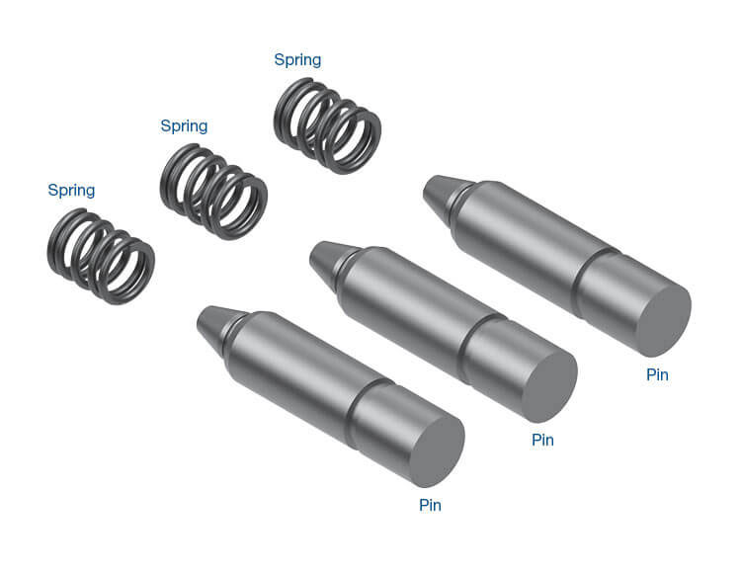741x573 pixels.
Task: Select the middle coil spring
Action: (x=213, y=192)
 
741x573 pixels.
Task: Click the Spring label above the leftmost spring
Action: (x=71, y=190)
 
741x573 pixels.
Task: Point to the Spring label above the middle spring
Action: (x=184, y=125)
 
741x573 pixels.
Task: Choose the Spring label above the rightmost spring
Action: (x=297, y=59)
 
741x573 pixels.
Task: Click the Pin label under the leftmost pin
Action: (x=430, y=505)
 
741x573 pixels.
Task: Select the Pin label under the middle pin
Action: (x=542, y=440)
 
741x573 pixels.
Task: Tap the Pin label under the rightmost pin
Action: (x=657, y=374)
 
